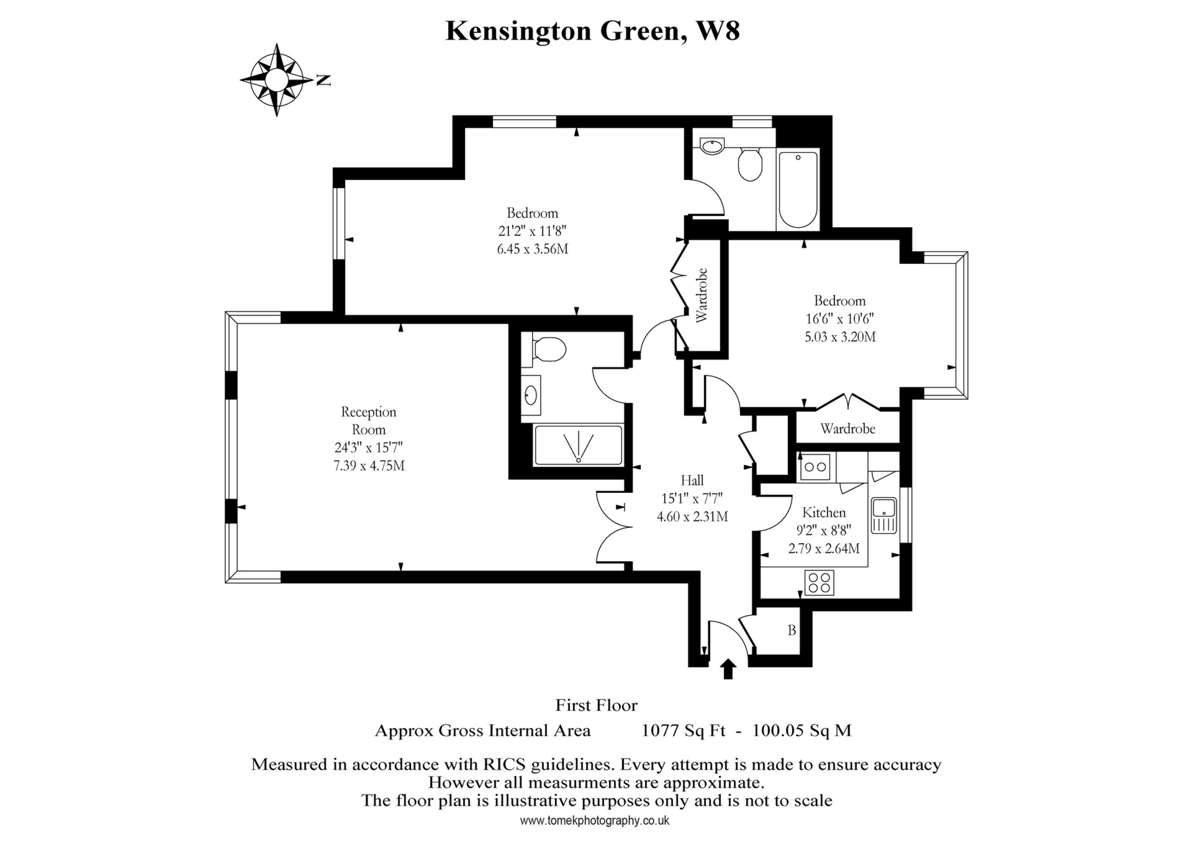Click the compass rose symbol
(276, 80)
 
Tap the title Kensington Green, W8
(593, 30)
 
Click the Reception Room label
(369, 420)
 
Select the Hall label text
(692, 480)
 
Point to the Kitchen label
(824, 512)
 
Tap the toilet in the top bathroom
(750, 165)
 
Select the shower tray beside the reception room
(578, 444)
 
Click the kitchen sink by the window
(883, 515)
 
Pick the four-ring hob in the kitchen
(819, 583)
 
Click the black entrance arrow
(728, 669)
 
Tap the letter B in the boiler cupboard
(792, 631)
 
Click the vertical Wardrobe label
(702, 295)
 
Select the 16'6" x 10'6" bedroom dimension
(839, 319)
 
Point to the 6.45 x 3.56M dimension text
(533, 249)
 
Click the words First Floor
(596, 705)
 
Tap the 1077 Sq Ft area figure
(683, 731)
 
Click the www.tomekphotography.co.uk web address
(594, 821)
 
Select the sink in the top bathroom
(711, 147)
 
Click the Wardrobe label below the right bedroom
(847, 428)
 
